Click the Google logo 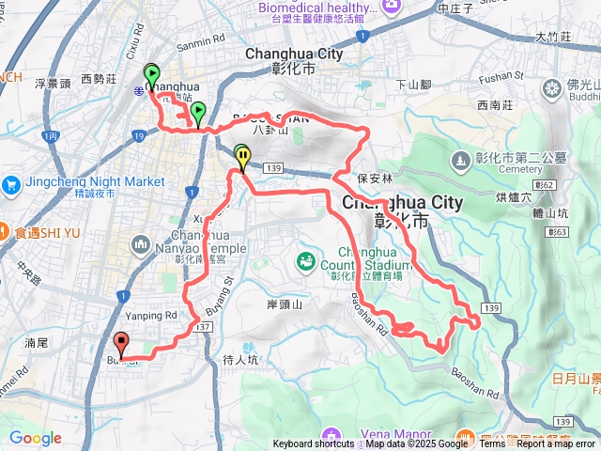click(x=36, y=438)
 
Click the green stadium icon click(x=305, y=260)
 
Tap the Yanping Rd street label click(x=151, y=316)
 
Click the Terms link click(x=492, y=444)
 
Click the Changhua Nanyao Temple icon click(x=142, y=245)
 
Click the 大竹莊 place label click(x=553, y=38)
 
